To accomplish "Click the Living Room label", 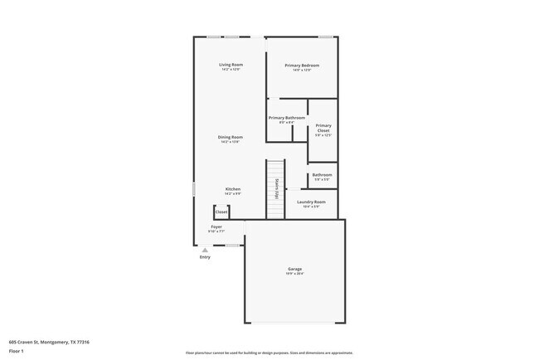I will (231, 65).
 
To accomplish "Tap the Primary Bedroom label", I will (302, 66).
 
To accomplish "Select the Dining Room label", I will (231, 137).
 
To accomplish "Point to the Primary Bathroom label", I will (287, 118).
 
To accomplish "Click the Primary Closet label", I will (323, 129).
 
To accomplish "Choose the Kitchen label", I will (232, 189).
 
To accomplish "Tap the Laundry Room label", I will (311, 202).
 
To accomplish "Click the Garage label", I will (294, 269).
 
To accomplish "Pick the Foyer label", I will (216, 226).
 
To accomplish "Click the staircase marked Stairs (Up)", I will (274, 190).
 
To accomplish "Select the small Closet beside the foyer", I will (221, 212).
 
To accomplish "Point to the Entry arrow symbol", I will (205, 249).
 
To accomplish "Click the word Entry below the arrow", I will (205, 257).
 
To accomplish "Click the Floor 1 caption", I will (17, 351).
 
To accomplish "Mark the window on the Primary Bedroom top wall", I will (327, 36).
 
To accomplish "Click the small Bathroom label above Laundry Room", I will (323, 175).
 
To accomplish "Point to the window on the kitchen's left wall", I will (194, 189).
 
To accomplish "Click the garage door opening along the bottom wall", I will (294, 323).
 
